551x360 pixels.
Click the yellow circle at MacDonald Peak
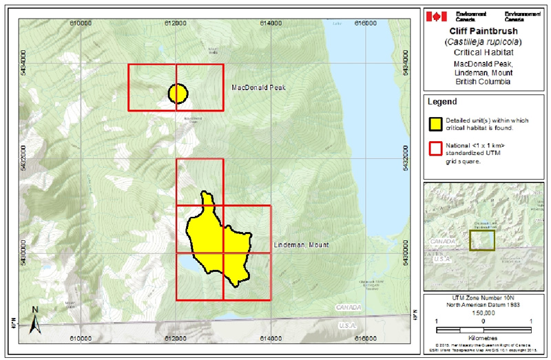pos(178,93)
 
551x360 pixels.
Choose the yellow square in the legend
pos(435,123)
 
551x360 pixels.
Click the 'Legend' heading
pos(441,101)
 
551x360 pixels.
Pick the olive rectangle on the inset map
pos(482,239)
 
